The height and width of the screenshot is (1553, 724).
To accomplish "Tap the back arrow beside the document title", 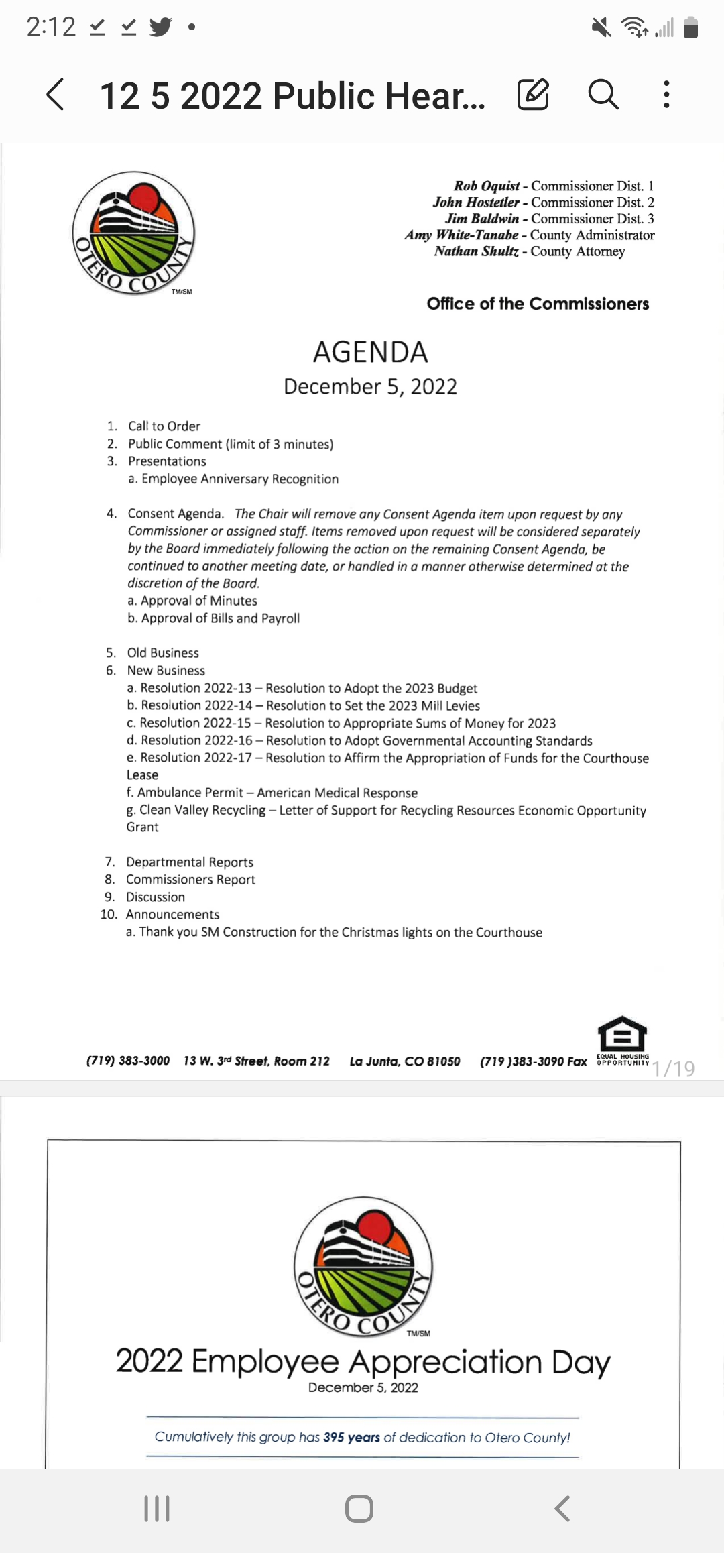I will point(56,94).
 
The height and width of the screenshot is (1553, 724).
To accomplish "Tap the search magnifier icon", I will point(603,94).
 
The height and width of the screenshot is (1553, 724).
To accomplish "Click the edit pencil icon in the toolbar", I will point(533,94).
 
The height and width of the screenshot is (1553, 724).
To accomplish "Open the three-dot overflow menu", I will point(666,94).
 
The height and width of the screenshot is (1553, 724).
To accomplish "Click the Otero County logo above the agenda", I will point(133,232).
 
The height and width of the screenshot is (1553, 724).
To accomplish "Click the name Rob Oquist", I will point(487,186).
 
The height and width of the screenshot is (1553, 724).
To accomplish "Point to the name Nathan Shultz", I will point(476,251).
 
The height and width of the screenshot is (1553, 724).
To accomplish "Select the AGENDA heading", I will point(370,352).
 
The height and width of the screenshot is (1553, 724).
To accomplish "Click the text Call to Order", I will point(164,426).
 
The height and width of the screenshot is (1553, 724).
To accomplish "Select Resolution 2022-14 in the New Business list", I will point(196,705).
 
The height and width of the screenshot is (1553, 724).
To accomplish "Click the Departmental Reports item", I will point(190,862).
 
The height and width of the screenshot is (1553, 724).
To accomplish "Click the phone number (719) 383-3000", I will point(128,1061).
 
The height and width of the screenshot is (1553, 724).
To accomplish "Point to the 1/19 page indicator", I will point(674,1068).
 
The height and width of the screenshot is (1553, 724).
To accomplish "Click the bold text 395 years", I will point(351,1438).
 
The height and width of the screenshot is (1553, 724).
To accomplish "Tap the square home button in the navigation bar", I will point(359,1509).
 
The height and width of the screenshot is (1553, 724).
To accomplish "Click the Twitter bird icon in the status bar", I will point(160,27).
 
